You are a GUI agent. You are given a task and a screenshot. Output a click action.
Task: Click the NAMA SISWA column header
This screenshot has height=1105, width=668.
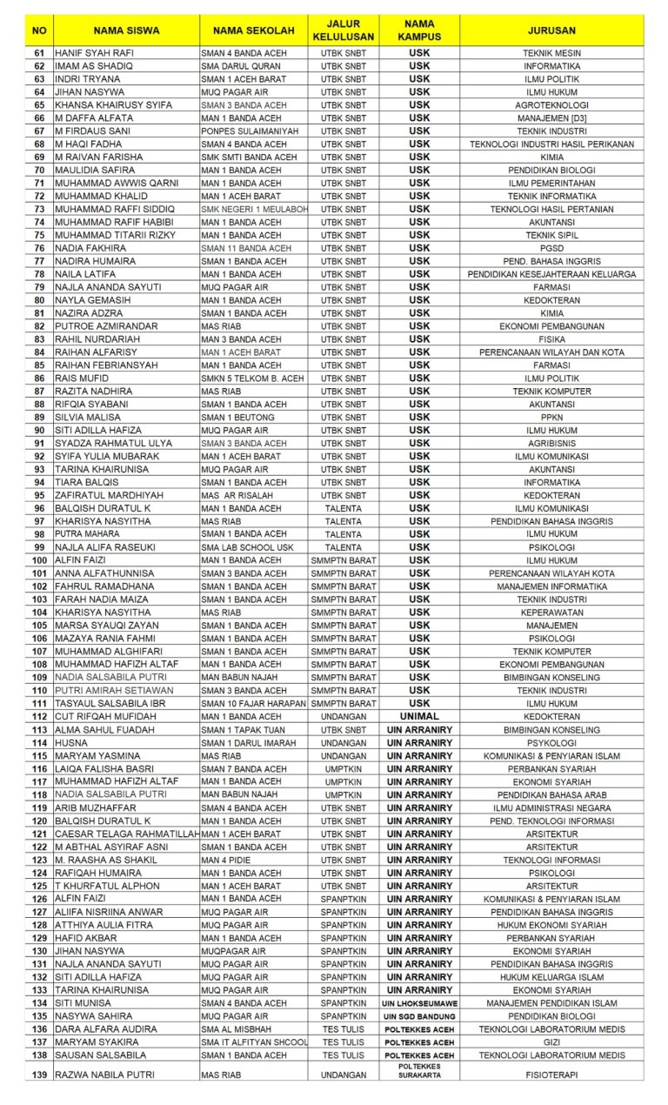point(126,30)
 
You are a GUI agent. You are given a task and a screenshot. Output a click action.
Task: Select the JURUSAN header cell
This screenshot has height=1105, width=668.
point(551,30)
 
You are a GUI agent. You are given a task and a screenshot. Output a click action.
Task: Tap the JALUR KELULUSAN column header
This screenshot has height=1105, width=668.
point(343,30)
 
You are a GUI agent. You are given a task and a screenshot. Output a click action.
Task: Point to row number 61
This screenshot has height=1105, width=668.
point(39,53)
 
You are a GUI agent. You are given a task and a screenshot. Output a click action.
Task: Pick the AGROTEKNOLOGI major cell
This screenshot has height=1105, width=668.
point(551,105)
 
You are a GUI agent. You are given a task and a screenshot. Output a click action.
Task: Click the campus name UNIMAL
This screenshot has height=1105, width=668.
point(419,716)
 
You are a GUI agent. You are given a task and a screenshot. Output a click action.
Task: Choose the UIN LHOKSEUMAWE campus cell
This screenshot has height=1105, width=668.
point(419,1003)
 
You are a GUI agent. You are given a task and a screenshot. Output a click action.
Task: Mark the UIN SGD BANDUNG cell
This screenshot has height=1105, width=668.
point(419,1016)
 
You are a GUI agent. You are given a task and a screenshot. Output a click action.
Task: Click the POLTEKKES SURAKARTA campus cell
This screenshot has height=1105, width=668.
point(419,1070)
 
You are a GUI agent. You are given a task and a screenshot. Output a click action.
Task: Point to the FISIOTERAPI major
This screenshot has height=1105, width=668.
point(551,1075)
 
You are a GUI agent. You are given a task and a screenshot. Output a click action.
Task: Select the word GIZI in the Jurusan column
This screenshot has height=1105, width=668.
point(551,1042)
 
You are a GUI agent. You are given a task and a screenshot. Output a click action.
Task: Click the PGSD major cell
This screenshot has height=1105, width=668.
point(551,248)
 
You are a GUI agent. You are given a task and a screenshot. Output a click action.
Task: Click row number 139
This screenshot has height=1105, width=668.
point(39,1075)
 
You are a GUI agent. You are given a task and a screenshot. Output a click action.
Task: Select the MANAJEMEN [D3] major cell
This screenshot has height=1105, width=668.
point(551,118)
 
